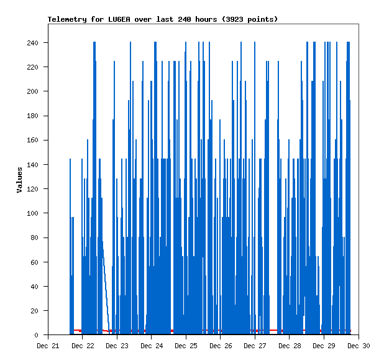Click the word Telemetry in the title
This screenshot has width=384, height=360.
66,19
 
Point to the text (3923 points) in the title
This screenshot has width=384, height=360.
250,19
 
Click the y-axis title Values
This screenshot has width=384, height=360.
19,180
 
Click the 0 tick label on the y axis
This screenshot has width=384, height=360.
40,335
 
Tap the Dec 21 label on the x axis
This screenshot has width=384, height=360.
48,346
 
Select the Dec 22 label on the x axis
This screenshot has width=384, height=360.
83,346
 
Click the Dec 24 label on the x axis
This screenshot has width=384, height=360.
152,346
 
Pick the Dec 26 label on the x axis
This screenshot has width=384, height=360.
221,346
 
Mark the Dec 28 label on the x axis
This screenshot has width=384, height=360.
290,346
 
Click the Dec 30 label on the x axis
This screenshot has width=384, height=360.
359,346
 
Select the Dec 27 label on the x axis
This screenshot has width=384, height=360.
255,346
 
